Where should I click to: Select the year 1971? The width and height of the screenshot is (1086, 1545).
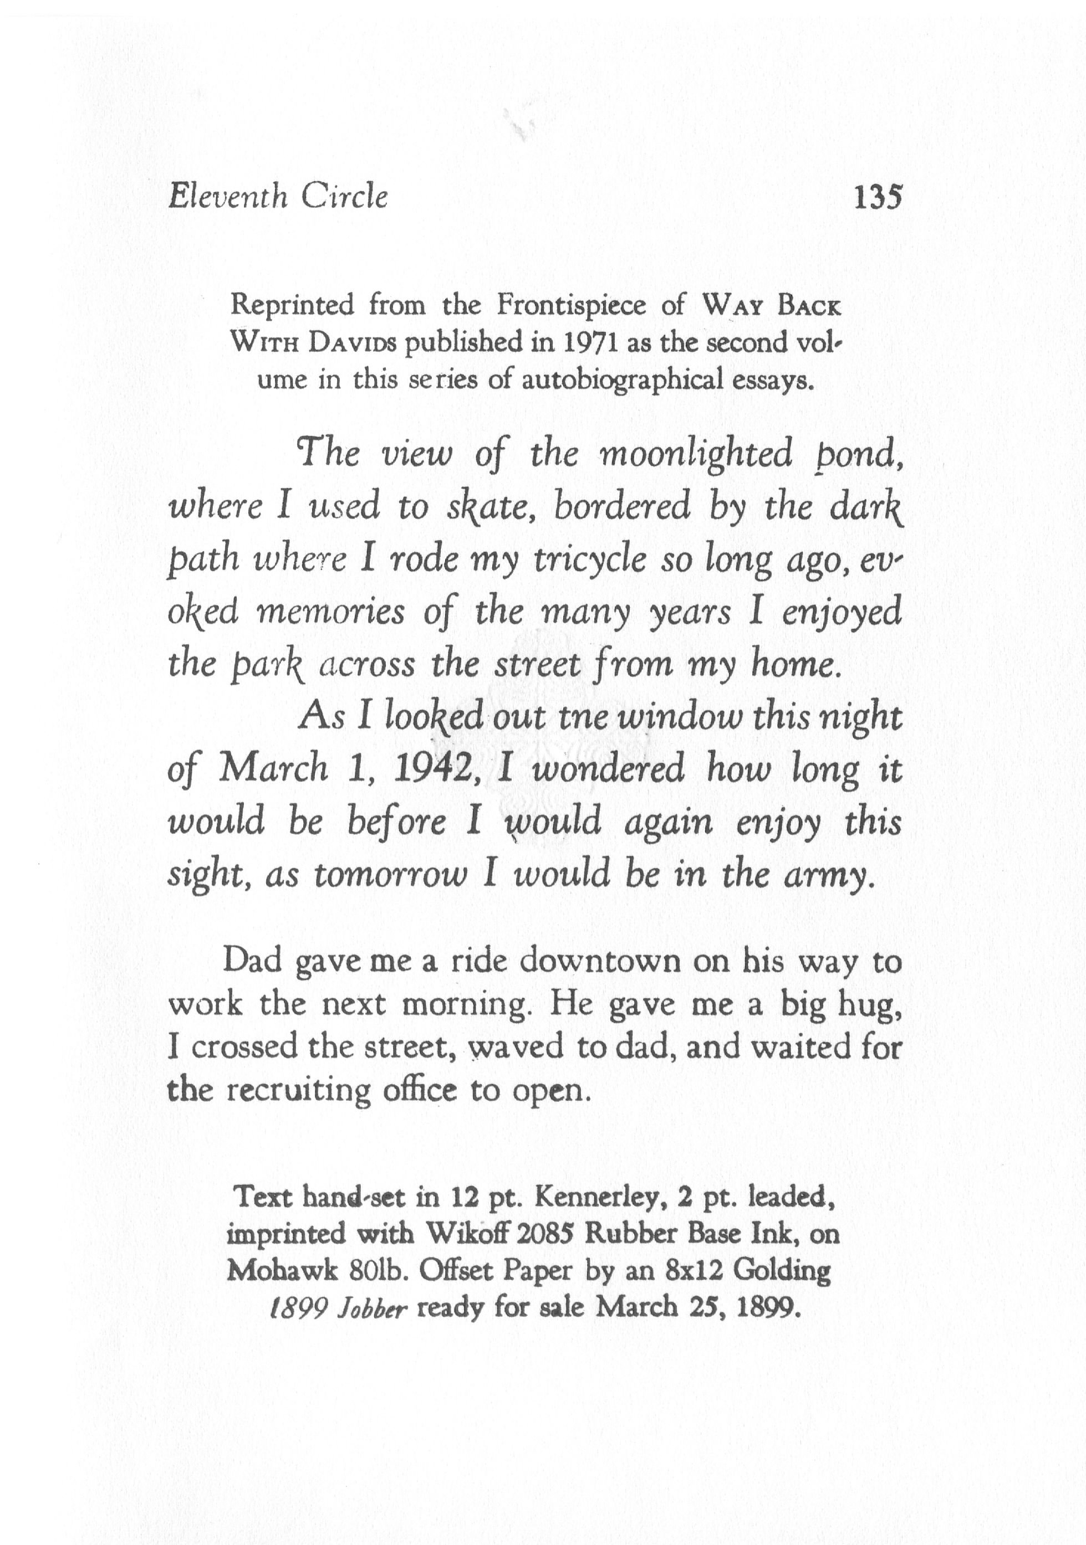[590, 343]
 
